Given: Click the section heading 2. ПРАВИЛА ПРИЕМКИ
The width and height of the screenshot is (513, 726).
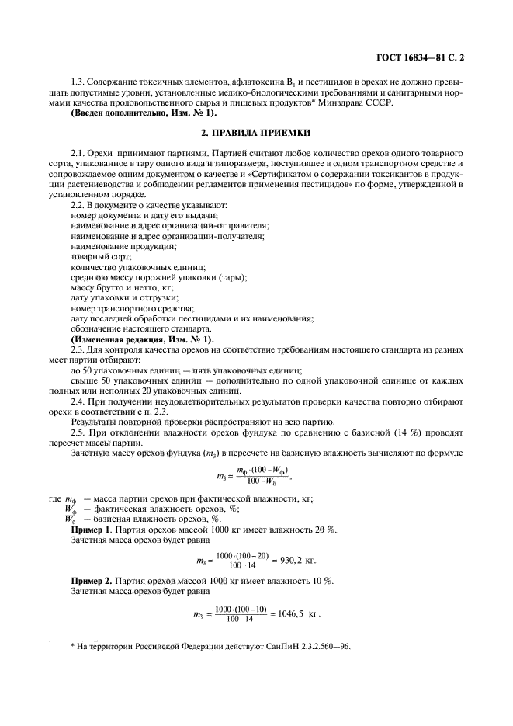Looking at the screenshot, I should [256, 133].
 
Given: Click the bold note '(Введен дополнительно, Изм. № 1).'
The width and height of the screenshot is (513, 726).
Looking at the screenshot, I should [144, 113].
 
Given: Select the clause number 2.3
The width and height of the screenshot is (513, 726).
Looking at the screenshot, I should [78, 350].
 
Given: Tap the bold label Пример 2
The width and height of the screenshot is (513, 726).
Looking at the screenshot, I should [92, 581].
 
